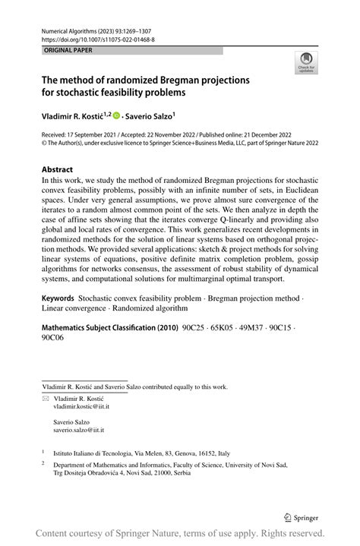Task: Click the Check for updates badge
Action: (x=306, y=62)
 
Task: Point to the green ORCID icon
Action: (x=117, y=115)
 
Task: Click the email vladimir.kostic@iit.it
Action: (x=81, y=407)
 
